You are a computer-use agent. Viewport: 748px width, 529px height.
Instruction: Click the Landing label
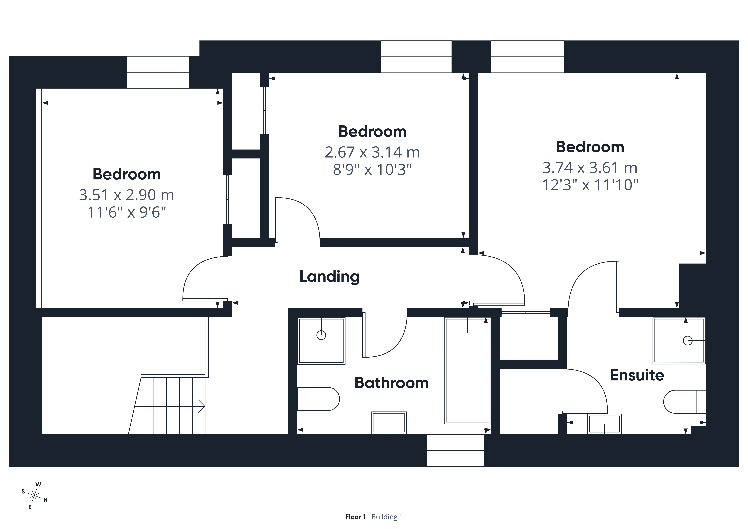point(329,277)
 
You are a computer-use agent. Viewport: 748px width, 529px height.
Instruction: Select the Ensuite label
point(637,375)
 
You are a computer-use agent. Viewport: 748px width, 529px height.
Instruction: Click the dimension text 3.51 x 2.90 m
point(126,195)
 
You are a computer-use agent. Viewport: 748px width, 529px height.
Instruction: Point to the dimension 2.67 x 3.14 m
point(372,152)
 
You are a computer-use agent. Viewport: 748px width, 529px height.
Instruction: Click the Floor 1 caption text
point(355,517)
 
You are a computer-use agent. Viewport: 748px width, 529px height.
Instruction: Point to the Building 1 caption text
point(387,517)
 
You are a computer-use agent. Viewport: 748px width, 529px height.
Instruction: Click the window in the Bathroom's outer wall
point(455,450)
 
